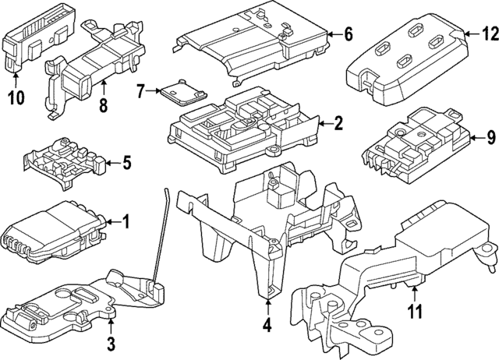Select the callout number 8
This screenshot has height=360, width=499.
pyautogui.click(x=102, y=104)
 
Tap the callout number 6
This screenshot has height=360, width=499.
pyautogui.click(x=348, y=34)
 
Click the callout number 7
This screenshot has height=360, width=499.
pyautogui.click(x=141, y=92)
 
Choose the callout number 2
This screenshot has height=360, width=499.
pyautogui.click(x=338, y=122)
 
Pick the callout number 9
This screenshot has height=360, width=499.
pyautogui.click(x=490, y=138)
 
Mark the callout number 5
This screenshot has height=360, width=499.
pyautogui.click(x=127, y=163)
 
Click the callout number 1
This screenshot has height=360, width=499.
pyautogui.click(x=126, y=222)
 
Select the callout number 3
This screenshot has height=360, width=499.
pyautogui.click(x=111, y=344)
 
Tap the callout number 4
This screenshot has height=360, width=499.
pyautogui.click(x=267, y=326)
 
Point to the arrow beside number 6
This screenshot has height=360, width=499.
pyautogui.click(x=332, y=34)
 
